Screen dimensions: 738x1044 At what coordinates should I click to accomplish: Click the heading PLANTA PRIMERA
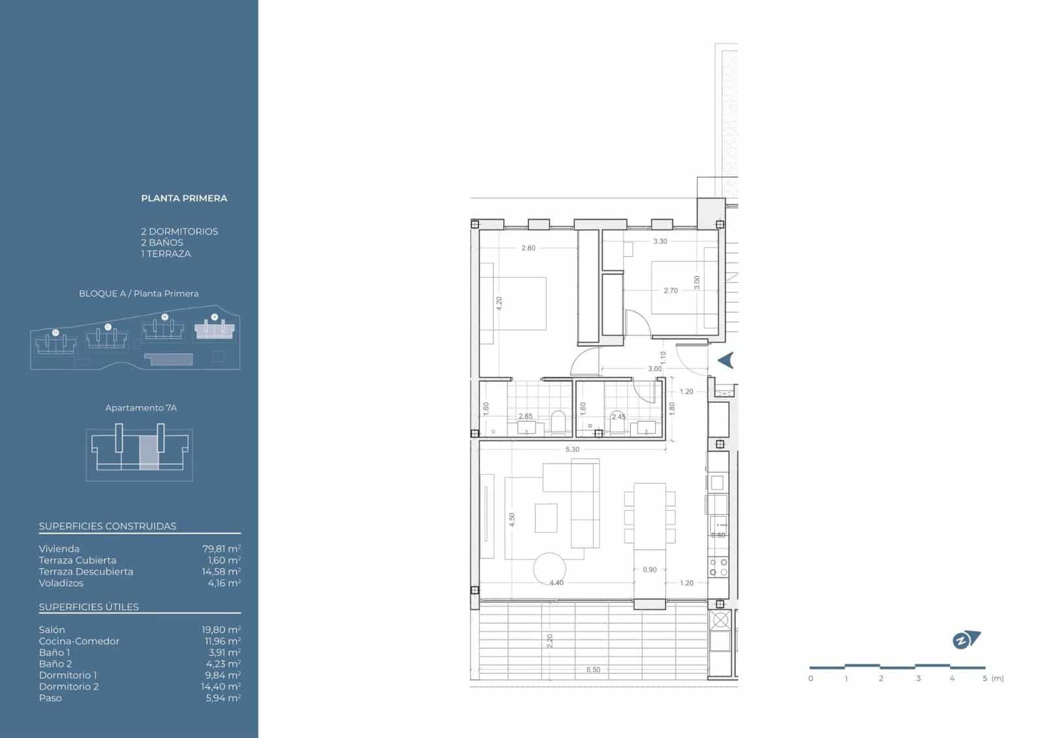[184, 199]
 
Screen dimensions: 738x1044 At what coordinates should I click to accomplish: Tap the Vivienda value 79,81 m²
[221, 549]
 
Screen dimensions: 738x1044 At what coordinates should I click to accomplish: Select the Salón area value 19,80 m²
[221, 630]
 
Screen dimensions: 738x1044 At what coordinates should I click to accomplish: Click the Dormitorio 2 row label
[69, 686]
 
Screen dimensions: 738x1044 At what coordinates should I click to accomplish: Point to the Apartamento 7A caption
[141, 408]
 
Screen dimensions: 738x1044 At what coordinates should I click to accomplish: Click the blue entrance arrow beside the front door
[726, 360]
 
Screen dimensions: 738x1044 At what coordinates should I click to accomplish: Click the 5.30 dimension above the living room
[572, 449]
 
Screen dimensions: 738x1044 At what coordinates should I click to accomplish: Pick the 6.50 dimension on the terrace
[593, 670]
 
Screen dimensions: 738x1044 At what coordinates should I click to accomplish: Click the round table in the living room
[550, 569]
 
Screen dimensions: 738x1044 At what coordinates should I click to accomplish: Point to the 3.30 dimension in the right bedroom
[660, 241]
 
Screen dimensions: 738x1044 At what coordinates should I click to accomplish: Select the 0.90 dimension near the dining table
[650, 570]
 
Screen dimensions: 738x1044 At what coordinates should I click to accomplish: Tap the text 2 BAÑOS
[162, 243]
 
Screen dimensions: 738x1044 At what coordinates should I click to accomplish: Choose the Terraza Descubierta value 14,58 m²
[221, 572]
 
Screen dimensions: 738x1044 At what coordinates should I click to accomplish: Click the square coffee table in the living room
[546, 518]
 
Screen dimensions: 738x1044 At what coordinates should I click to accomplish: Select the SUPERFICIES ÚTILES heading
[89, 607]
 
